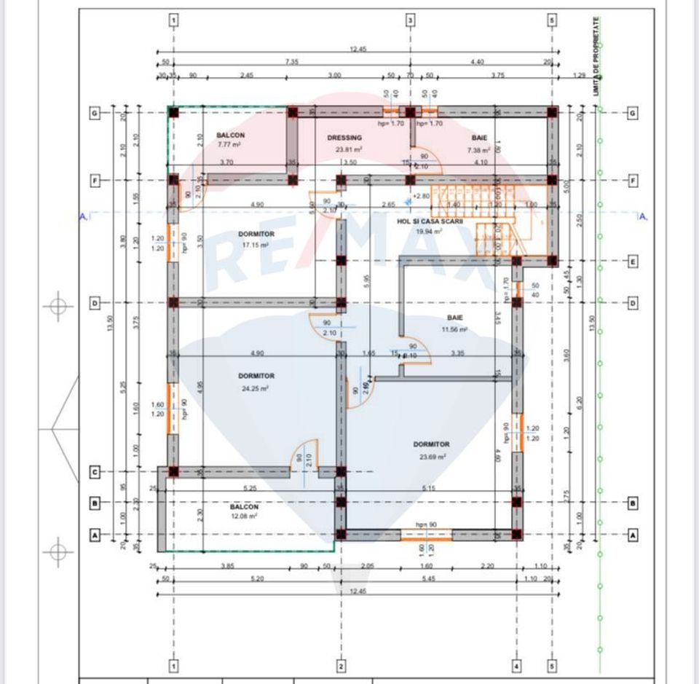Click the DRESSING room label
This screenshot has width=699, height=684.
tap(344, 138)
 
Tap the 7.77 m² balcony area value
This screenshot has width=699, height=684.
tap(229, 145)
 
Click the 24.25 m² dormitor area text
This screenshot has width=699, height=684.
tap(256, 388)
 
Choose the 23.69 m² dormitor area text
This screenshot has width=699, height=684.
tap(431, 457)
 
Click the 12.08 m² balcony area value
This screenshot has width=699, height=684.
tap(244, 516)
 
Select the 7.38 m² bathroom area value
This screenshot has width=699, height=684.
tap(479, 150)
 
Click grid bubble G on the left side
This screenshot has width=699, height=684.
tap(94, 114)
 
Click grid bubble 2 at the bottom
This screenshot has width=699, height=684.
tap(340, 666)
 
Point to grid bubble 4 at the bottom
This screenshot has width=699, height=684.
tap(516, 666)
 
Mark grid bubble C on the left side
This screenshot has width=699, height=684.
tap(94, 472)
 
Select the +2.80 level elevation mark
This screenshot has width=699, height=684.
tap(421, 196)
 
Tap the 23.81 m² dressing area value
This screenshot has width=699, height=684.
tap(349, 150)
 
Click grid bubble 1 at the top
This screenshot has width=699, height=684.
tap(173, 20)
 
